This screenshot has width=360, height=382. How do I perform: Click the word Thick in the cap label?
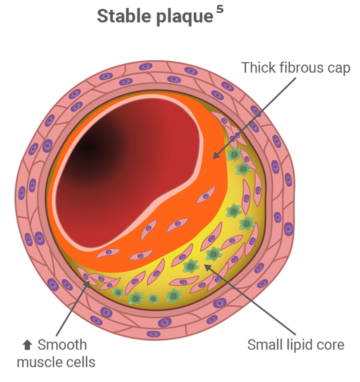258,68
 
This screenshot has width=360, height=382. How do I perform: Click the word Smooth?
62,345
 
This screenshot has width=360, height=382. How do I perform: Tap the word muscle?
40,362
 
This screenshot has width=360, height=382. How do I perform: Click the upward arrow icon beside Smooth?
27,345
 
